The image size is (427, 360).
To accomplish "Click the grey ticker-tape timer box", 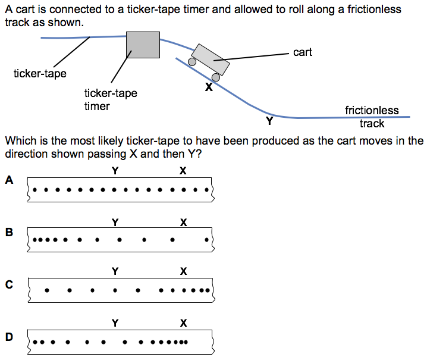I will click(x=143, y=45).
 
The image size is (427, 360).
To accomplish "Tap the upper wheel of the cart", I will click(x=192, y=61).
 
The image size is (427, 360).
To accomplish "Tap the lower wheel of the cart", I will click(x=216, y=77).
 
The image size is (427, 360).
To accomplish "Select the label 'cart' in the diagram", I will click(x=302, y=52).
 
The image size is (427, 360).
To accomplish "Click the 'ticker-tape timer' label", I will click(x=110, y=99).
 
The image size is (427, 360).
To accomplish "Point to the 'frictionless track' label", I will click(x=372, y=117).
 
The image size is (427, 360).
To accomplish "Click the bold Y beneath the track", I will click(x=269, y=121).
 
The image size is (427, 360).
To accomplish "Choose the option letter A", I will click(x=8, y=180).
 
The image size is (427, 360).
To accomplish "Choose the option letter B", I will click(x=8, y=232).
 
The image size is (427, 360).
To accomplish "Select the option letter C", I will click(x=8, y=284).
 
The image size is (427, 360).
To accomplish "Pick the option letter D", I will click(x=8, y=336).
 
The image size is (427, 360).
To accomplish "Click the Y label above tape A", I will click(x=115, y=171).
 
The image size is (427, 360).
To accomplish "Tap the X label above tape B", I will click(x=183, y=223).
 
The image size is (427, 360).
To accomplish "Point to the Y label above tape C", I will click(x=115, y=272).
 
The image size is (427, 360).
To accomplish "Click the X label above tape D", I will click(x=183, y=324).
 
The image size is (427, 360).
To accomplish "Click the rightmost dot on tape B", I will click(x=206, y=241).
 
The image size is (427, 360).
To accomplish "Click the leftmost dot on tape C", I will click(x=47, y=291).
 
